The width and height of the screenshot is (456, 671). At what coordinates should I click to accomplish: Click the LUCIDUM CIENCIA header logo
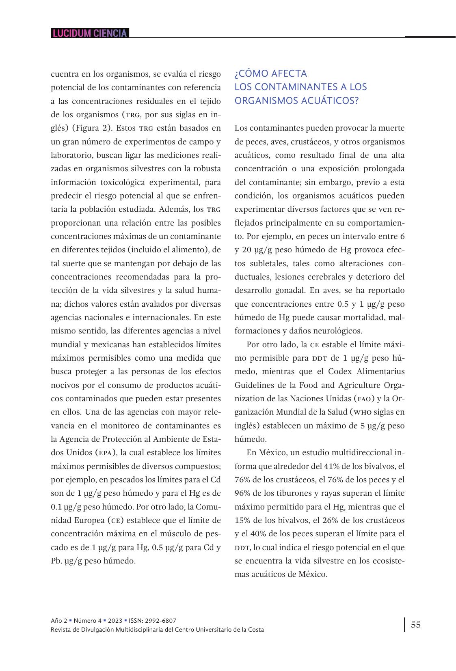tap(90, 33)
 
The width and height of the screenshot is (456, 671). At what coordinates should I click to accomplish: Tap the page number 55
tap(416, 624)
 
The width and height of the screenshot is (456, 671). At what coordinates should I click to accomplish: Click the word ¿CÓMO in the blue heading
tap(249, 73)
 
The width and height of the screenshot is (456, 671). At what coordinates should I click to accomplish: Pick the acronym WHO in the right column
tap(362, 412)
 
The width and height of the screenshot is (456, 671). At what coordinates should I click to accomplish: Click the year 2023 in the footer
tap(115, 620)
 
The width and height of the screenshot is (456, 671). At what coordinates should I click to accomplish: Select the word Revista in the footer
tap(61, 630)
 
